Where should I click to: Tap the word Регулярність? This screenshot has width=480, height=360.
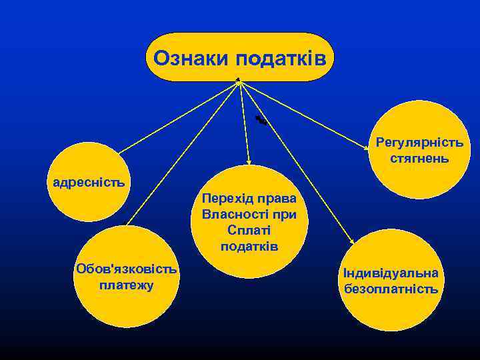pos(419,143)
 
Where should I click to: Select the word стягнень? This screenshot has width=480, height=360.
pos(419,159)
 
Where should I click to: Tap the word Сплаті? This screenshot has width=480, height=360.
pos(249,231)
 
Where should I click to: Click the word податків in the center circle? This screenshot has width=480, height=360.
pos(249,246)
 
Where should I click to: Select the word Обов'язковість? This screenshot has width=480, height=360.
pos(127,270)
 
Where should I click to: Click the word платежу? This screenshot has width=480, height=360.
pos(126,285)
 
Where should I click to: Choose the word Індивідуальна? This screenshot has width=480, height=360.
pos(391,273)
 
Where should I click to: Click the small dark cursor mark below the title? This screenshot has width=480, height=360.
pos(261,120)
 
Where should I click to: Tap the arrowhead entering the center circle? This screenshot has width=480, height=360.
pos(249,161)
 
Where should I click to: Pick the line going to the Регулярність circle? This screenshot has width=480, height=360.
pos(307,113)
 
